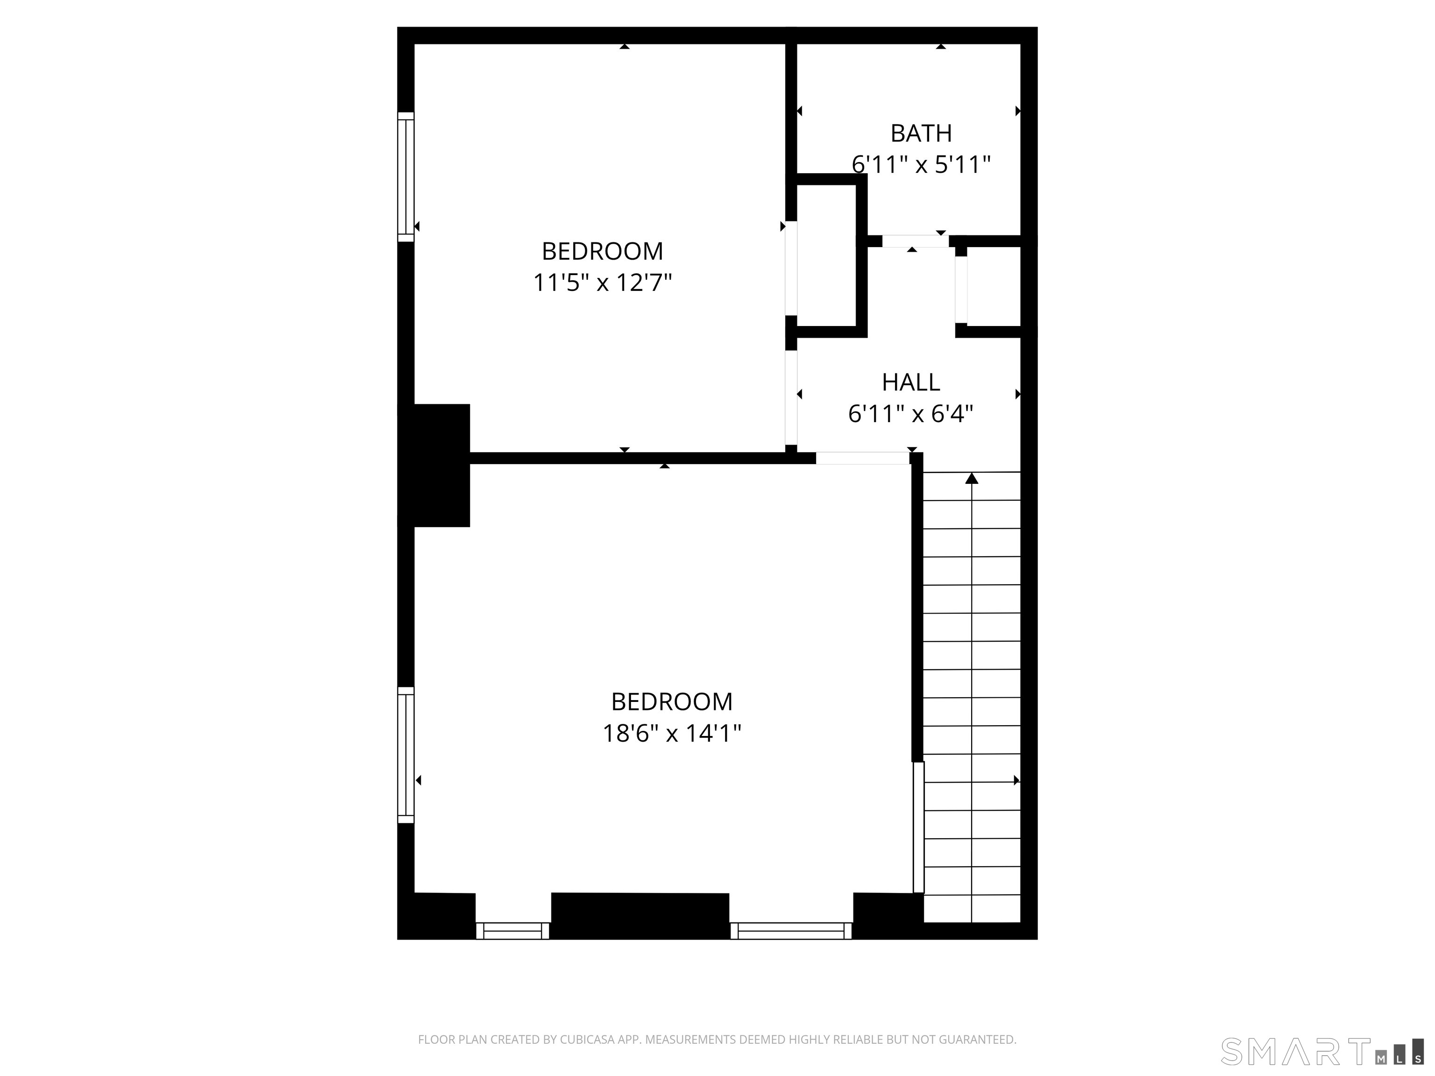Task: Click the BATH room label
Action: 921,133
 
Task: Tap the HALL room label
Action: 911,382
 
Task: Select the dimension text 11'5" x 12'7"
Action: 602,283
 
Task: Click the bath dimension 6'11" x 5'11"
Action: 921,165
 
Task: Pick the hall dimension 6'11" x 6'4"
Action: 911,414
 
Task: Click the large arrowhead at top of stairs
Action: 971,478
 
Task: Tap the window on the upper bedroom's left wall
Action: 405,177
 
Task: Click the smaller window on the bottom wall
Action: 512,931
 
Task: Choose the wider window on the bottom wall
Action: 791,931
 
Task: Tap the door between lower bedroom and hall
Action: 863,458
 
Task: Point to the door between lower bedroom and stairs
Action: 918,828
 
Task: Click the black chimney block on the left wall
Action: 433,465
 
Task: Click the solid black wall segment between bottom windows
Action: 639,916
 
